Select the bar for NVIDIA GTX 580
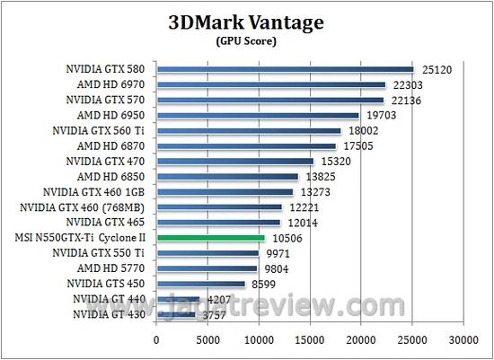point(285,69)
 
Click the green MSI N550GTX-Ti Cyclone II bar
point(210,238)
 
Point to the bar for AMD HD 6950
point(258,115)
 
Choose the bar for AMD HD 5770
point(207,268)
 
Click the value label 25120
point(437,69)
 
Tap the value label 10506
point(287,238)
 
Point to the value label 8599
point(265,284)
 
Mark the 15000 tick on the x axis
point(310,340)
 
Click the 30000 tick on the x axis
point(463,340)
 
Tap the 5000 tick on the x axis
point(207,340)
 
